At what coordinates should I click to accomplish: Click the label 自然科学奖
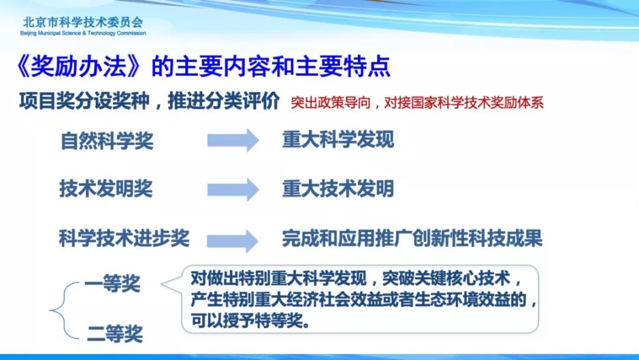[x=106, y=141]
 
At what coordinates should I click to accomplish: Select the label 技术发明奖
[x=106, y=189]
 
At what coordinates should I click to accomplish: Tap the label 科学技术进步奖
[x=124, y=238]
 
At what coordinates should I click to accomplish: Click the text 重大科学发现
[x=338, y=140]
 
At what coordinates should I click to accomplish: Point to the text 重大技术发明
[x=338, y=189]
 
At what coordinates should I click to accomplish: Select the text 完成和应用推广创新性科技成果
[x=412, y=238]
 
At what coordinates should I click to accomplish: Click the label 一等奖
[x=112, y=284]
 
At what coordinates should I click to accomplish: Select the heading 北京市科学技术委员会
[x=83, y=22]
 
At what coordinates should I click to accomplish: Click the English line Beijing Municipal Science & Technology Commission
[x=83, y=33]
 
